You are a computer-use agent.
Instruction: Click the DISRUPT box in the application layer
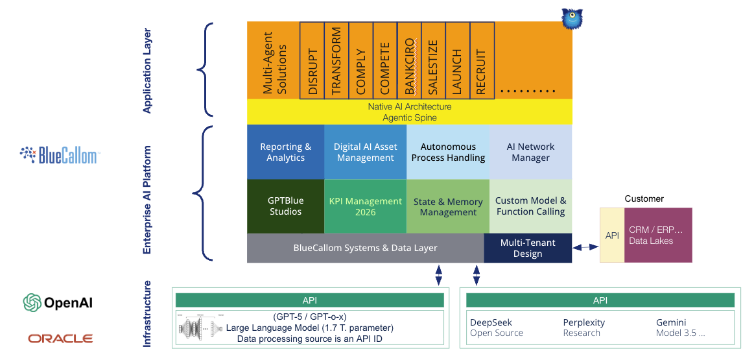[312, 60]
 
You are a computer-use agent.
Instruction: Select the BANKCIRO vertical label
[409, 60]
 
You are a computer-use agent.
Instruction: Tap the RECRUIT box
[482, 60]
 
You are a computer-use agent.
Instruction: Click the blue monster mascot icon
[572, 19]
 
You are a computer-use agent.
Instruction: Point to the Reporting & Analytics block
[285, 152]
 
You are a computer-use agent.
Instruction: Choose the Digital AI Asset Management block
[365, 152]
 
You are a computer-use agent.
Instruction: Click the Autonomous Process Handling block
[448, 152]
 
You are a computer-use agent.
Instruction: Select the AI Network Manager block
[530, 152]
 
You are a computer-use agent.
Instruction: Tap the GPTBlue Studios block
[285, 206]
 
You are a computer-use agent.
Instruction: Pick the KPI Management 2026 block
[365, 206]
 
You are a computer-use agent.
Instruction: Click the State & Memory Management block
[448, 206]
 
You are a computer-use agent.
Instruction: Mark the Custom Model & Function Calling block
[530, 206]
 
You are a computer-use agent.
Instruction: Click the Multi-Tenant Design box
[528, 248]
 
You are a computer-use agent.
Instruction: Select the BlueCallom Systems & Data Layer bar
[365, 248]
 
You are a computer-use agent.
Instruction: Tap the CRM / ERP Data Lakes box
[658, 235]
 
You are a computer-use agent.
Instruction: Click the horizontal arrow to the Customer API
[586, 247]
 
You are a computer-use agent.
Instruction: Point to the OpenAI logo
[59, 303]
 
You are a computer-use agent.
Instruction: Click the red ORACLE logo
[60, 339]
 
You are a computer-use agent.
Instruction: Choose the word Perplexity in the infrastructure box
[583, 322]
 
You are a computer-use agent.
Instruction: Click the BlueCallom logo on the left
[59, 156]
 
